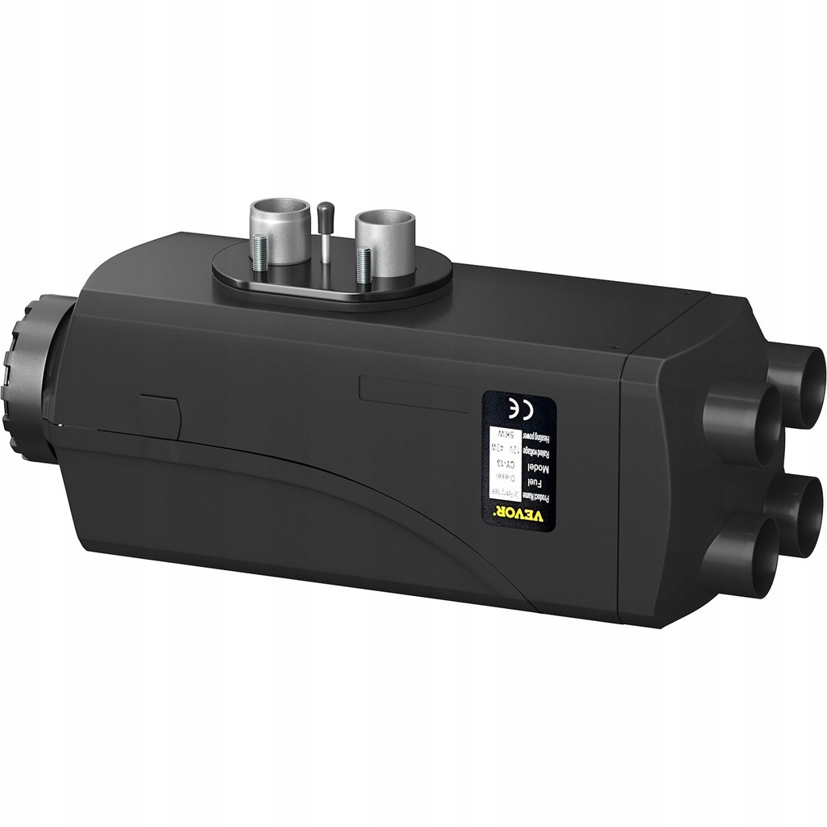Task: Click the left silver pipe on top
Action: tap(279, 230)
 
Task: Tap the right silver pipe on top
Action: tap(384, 234)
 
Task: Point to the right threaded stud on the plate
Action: tap(364, 263)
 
